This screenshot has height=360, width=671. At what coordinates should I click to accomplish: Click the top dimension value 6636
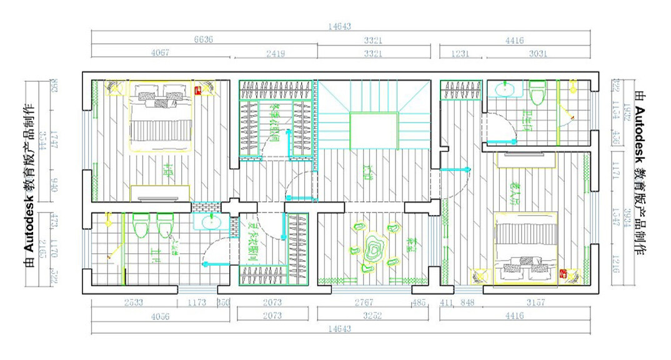pyautogui.click(x=203, y=39)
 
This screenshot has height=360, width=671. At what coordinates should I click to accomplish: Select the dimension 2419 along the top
pyautogui.click(x=276, y=54)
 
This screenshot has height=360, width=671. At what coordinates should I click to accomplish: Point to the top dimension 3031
pyautogui.click(x=537, y=54)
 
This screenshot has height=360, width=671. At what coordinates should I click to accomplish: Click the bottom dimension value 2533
pyautogui.click(x=133, y=302)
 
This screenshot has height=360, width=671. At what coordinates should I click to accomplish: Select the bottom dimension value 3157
pyautogui.click(x=535, y=302)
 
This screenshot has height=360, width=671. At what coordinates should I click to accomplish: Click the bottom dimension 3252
pyautogui.click(x=372, y=316)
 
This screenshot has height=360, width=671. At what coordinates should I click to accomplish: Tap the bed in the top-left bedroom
pyautogui.click(x=161, y=116)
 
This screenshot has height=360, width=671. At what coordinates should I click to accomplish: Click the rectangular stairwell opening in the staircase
pyautogui.click(x=374, y=131)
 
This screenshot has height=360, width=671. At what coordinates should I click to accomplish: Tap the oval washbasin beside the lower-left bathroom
pyautogui.click(x=211, y=222)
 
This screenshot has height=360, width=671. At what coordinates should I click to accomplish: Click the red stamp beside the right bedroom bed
pyautogui.click(x=563, y=274)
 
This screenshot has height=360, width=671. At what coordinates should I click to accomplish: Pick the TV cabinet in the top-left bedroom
pyautogui.click(x=160, y=194)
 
